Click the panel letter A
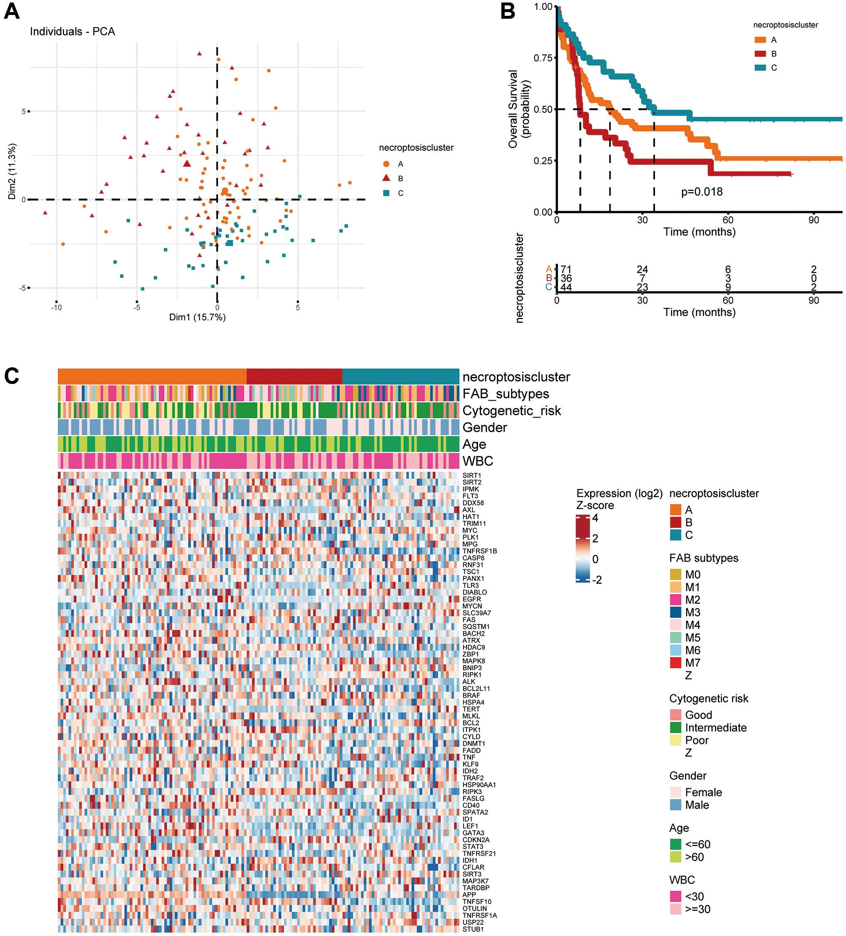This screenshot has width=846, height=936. [x=12, y=11]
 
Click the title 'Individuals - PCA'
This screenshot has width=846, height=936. [x=72, y=32]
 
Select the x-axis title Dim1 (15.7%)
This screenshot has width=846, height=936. [x=197, y=317]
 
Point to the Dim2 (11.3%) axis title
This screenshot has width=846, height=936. [x=12, y=171]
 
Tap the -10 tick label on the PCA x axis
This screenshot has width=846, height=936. [x=56, y=307]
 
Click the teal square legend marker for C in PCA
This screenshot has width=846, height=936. [x=386, y=193]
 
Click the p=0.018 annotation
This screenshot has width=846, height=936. [x=702, y=192]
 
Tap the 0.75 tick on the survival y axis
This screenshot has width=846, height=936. [x=543, y=58]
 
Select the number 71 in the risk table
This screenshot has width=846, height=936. [x=566, y=269]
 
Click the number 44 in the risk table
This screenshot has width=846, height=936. [x=566, y=287]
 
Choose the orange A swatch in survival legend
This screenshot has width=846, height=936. [x=760, y=40]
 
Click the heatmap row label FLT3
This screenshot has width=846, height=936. [x=470, y=496]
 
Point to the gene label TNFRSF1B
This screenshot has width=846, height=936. [x=480, y=551]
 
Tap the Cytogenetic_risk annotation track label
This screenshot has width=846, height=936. [x=512, y=411]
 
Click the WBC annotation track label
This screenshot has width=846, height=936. [x=478, y=461]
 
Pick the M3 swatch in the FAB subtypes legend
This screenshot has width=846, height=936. [x=675, y=612]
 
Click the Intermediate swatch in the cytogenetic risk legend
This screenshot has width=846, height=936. [x=675, y=728]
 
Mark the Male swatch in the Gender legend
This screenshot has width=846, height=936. [x=675, y=805]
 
